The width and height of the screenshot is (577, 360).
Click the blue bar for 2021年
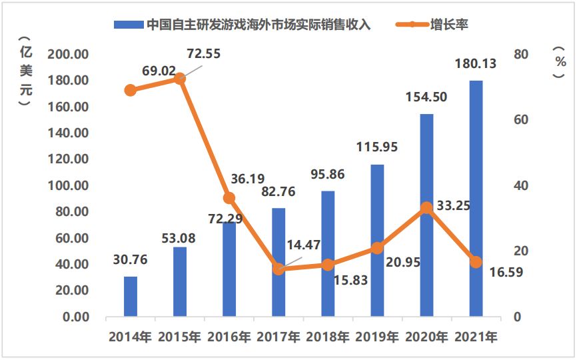pyautogui.click(x=476, y=198)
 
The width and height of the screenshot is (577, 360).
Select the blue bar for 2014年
pyautogui.click(x=131, y=296)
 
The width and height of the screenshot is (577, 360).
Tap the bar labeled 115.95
pyautogui.click(x=377, y=240)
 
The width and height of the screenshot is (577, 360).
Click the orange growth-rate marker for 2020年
pyautogui.click(x=426, y=208)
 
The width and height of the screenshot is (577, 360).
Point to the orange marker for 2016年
pyautogui.click(x=229, y=198)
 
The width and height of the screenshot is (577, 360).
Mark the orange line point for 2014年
pyautogui.click(x=131, y=90)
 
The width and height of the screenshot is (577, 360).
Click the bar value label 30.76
pyautogui.click(x=131, y=260)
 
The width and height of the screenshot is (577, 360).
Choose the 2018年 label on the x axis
pyautogui.click(x=328, y=337)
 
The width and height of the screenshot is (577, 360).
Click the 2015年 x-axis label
pyautogui.click(x=180, y=337)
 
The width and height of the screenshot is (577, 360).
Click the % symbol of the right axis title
pyautogui.click(x=558, y=61)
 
